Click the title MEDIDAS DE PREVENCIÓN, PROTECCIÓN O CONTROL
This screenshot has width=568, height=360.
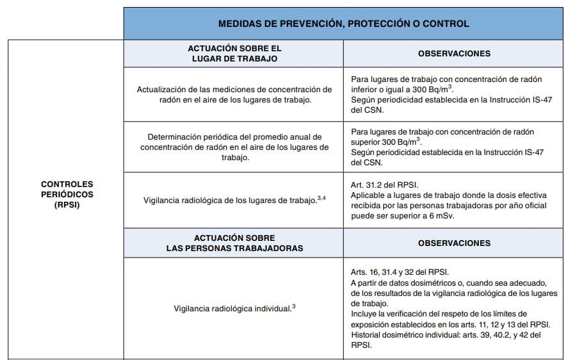[343, 24]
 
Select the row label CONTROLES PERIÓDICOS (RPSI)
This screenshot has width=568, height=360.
[67, 192]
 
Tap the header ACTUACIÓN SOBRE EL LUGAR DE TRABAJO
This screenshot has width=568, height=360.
[234, 53]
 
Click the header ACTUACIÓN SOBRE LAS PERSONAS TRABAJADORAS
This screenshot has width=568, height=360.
[234, 242]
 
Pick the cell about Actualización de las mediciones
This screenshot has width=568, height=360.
[234, 94]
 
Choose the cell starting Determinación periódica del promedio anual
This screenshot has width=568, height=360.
[234, 147]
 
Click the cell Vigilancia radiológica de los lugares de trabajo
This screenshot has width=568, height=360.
[234, 200]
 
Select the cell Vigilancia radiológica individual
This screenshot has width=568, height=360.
[234, 308]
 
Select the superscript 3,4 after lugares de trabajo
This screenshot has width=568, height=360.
[322, 197]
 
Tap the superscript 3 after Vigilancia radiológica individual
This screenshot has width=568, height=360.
[293, 306]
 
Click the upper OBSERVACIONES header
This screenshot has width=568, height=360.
[454, 54]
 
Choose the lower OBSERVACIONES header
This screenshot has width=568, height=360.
[454, 243]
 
